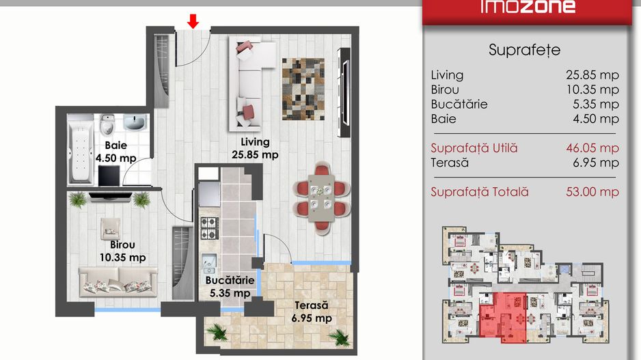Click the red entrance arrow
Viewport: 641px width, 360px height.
193,21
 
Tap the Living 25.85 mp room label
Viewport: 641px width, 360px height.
255,148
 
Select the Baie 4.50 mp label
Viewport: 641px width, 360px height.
115,152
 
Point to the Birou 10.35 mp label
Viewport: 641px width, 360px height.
122,251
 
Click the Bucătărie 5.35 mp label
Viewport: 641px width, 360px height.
230,286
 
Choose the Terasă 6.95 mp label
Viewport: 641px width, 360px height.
312,311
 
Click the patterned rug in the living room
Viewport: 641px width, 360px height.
303,89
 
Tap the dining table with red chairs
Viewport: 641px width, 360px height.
322,198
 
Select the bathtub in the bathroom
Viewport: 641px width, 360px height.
80,150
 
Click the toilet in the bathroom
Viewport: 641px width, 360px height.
107,124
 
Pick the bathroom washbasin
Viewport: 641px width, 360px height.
135,122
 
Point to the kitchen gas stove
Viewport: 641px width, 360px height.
209,228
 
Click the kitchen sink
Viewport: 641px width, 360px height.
209,263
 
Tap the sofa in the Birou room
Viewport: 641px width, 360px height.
118,281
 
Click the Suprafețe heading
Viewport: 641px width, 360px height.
525,51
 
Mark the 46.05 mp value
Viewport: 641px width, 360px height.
592,148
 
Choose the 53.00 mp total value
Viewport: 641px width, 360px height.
592,192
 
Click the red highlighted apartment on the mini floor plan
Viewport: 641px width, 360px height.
503,317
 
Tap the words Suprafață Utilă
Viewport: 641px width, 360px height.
474,148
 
